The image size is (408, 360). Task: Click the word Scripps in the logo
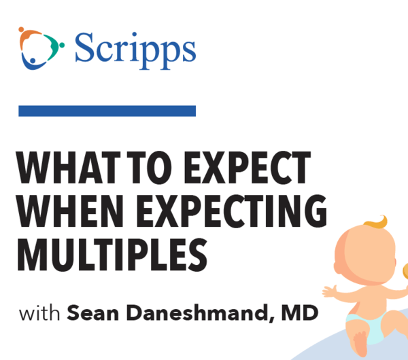135,51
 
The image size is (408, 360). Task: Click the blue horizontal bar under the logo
107,111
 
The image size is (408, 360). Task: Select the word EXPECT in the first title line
248,168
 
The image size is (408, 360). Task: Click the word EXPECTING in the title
232,211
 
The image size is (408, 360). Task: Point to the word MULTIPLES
112,255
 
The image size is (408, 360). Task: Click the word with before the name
39,312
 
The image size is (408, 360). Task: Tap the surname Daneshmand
197,313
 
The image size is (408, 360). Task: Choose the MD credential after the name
300,313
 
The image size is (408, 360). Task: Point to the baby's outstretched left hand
330,291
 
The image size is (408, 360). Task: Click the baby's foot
360,343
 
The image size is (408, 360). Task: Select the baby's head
365,253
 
